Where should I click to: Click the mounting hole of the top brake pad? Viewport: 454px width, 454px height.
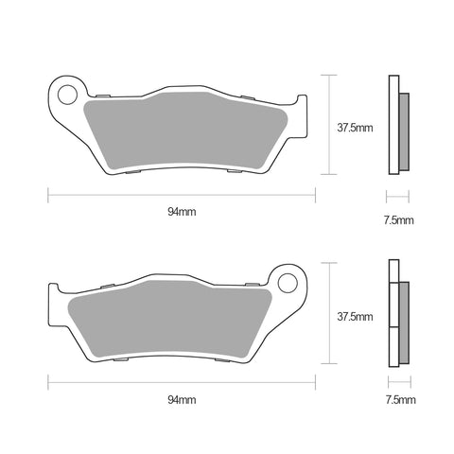(x=67, y=95)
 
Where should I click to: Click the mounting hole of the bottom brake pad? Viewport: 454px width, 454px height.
(x=288, y=283)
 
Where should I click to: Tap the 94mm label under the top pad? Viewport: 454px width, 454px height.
(x=182, y=212)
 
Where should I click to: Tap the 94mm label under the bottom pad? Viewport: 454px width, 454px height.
(x=182, y=400)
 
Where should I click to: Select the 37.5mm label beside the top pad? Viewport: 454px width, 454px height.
(x=355, y=128)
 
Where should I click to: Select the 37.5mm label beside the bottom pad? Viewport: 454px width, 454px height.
(x=355, y=316)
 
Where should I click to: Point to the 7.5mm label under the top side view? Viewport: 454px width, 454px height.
(x=398, y=220)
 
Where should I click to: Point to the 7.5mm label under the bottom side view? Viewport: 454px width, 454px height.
(x=400, y=400)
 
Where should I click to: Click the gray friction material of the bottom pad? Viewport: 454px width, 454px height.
(x=170, y=319)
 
